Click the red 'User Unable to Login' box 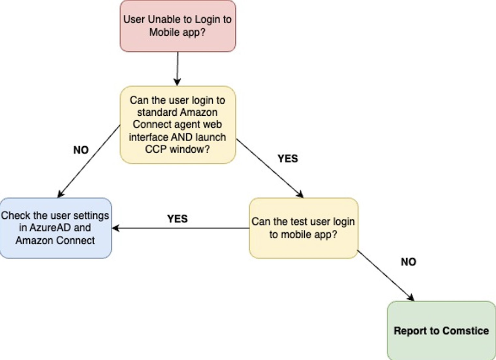(x=178, y=26)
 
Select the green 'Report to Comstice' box (x=441, y=331)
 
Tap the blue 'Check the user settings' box (x=56, y=228)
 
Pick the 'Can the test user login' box (x=304, y=228)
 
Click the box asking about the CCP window (x=178, y=125)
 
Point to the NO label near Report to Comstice (x=408, y=262)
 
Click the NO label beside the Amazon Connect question (x=81, y=150)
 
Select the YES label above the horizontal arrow (x=177, y=219)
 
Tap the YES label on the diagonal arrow (x=288, y=158)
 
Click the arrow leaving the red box (x=177, y=69)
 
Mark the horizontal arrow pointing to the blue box (x=181, y=228)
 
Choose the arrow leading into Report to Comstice (x=386, y=276)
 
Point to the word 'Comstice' (x=466, y=331)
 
